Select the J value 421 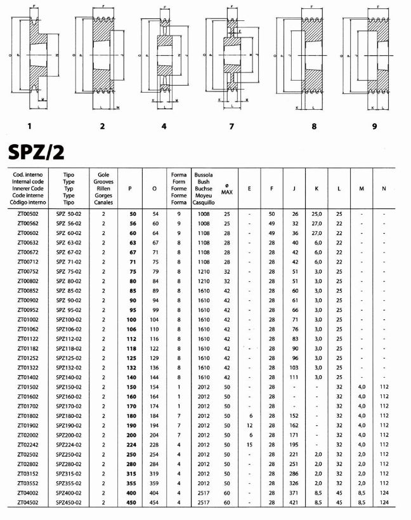click(x=294, y=503)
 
